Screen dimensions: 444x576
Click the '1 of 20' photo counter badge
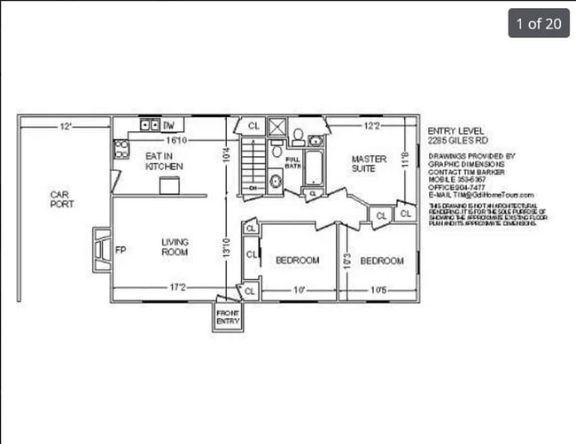coord(538,23)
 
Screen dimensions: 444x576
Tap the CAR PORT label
coord(62,199)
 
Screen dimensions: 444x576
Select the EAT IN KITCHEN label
coord(164,160)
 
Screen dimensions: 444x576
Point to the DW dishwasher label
coord(168,126)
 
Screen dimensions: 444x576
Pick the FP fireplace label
coord(121,250)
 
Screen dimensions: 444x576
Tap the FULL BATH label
coord(292,163)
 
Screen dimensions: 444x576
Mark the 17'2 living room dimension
coord(177,286)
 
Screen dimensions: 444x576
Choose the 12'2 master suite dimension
coord(372,127)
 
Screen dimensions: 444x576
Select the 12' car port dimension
coord(66,127)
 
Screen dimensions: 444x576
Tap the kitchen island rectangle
coord(169,184)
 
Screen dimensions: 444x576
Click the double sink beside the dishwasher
coord(148,126)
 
